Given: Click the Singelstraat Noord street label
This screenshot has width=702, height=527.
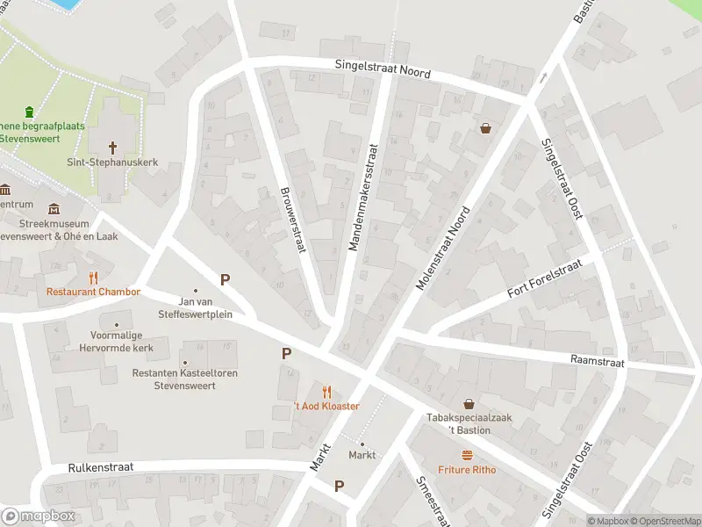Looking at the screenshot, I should pos(383,68).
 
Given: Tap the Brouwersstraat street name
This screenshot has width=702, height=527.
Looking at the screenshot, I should pos(292,220).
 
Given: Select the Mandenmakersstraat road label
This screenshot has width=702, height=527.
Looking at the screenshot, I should pos(365,198).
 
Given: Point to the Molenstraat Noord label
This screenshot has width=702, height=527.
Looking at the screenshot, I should pos(444,249).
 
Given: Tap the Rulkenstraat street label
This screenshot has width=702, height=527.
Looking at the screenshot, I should pos(100,467).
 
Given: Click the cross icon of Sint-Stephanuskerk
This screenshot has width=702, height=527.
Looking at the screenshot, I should pos(112,147).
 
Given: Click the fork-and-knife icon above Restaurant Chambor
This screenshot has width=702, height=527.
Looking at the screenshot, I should pos(94,278).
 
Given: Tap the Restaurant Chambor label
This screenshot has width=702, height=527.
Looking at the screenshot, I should pos(93,292).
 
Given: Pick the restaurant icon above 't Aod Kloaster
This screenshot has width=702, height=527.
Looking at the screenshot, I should pos(327,392).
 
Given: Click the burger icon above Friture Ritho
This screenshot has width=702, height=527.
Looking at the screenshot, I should pos(468,455).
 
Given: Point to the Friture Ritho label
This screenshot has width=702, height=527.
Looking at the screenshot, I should pos(467,470).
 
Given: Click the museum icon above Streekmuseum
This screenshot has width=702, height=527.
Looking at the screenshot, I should pos(55,208).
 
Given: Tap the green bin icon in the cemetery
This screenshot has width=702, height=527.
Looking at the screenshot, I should pos(30,112).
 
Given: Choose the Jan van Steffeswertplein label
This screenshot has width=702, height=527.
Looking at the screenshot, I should pos(194,307).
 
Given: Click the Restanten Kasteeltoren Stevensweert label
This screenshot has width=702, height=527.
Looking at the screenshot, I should pos(184,379).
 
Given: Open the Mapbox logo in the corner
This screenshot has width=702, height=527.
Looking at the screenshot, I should pos(39,516).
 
